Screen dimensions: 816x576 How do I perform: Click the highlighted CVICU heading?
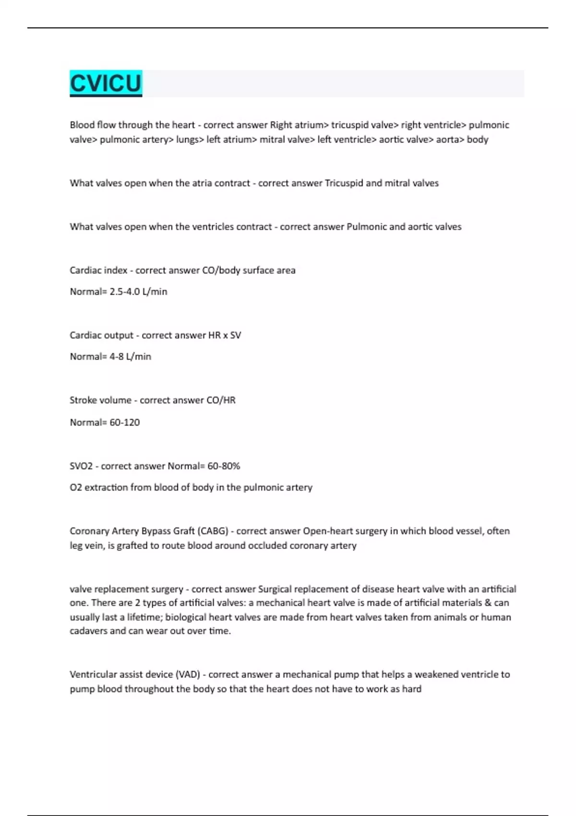(106, 83)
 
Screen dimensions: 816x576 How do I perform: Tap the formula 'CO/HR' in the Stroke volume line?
(221, 400)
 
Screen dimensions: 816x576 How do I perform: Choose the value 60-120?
(125, 422)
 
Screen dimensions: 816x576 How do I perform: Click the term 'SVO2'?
(81, 466)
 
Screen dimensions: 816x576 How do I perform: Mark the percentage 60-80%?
(224, 466)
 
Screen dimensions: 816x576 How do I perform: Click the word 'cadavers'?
(88, 631)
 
